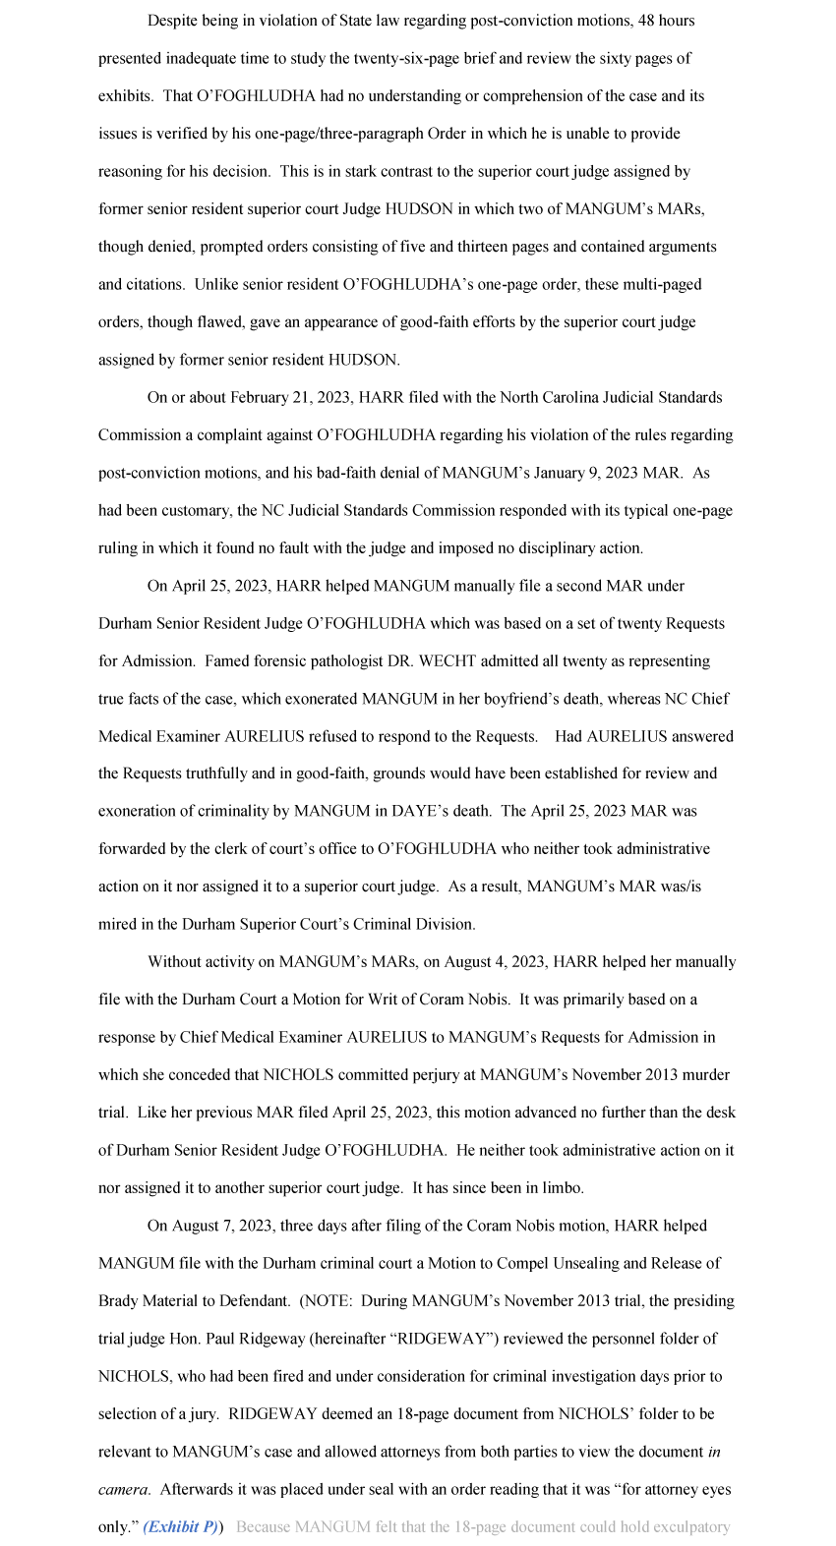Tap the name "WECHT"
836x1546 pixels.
tap(448, 661)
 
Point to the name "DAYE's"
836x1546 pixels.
tap(422, 812)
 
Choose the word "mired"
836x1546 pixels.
tap(118, 925)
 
